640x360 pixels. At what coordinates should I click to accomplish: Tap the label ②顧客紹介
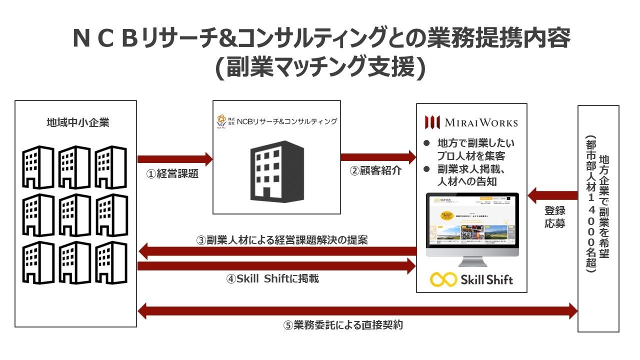[x=376, y=170]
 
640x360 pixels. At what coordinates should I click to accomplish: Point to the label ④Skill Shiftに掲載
[x=272, y=279]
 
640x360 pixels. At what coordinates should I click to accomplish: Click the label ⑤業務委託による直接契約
[x=343, y=325]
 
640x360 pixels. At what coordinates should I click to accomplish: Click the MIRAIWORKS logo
[x=471, y=122]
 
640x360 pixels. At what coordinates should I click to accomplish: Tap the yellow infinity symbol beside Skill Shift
[x=443, y=279]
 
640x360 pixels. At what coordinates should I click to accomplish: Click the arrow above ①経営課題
[x=174, y=159]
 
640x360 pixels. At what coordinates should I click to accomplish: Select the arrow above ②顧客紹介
[x=378, y=157]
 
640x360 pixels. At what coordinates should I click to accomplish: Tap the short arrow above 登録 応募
[x=552, y=195]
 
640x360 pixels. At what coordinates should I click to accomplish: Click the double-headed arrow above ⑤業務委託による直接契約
[x=357, y=311]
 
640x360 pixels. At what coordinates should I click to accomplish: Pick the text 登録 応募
[x=555, y=217]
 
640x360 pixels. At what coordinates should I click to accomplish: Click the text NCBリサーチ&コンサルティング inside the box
[x=286, y=121]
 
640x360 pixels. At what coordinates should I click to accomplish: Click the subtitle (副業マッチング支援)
[x=320, y=68]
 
